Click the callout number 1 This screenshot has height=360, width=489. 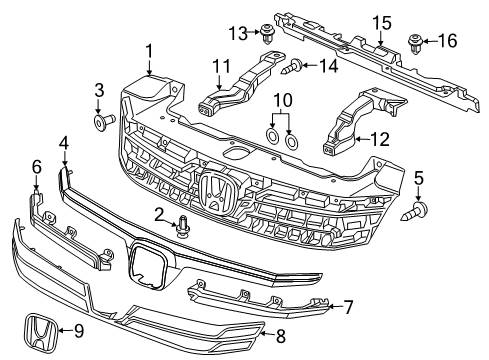tap(148, 50)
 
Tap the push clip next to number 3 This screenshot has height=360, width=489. tap(102, 122)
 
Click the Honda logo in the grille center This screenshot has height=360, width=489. tap(215, 192)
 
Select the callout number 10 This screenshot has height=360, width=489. tap(283, 101)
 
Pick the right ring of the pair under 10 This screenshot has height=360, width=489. tap(292, 137)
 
